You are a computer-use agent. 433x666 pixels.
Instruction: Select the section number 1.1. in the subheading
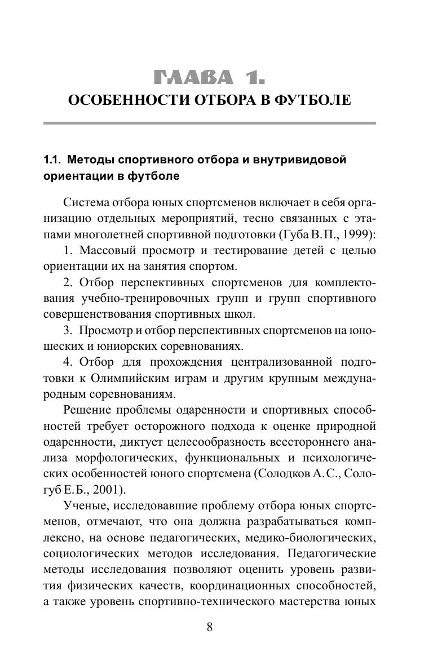(54, 160)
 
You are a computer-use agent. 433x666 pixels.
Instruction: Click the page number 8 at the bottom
(209, 628)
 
